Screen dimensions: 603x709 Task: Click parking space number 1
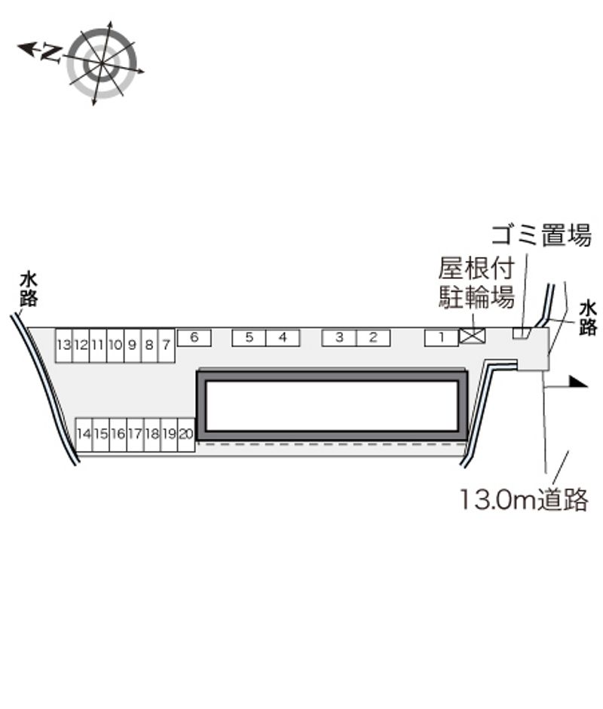441,338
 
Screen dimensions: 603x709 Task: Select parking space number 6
194,338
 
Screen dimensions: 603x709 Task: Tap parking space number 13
64,345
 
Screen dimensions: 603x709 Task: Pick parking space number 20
185,434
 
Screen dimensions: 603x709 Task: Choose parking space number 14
84,434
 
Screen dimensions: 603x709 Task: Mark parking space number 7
166,345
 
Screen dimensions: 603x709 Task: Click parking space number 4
283,338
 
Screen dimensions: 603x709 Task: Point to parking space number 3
339,338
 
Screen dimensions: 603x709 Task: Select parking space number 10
115,345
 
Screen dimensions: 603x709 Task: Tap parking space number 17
135,434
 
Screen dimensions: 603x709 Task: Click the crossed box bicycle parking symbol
473,336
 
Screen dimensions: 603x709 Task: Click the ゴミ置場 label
541,235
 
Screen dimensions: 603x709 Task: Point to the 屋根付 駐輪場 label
476,283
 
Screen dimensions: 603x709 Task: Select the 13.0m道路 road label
524,499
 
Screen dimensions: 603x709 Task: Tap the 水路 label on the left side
29,290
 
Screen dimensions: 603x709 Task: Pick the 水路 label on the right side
588,318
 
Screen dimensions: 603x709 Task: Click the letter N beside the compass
51,54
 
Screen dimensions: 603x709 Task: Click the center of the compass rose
101,63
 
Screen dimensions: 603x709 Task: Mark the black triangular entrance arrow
578,382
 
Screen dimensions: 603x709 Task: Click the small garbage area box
521,333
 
